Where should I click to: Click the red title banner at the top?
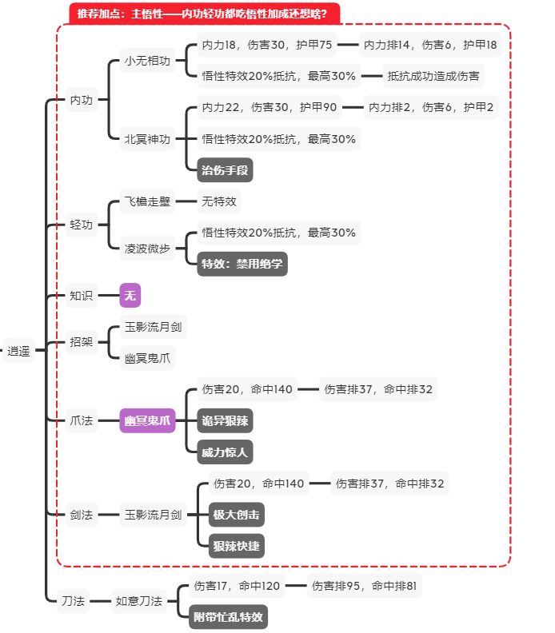coord(205,13)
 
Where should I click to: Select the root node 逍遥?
coord(20,350)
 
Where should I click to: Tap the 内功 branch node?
coord(82,100)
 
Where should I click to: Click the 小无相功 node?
coord(147,62)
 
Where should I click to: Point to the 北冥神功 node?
coord(147,138)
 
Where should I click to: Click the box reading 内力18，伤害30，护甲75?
coord(266,46)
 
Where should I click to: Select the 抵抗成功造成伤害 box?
coord(433,76)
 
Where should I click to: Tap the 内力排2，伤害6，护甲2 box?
coord(431,107)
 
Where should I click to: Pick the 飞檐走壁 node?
coord(147,201)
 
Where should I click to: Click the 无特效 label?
coord(219,201)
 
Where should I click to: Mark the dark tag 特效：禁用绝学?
coord(242,263)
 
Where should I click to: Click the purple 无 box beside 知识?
coord(130,295)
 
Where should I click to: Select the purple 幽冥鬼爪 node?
coord(147,420)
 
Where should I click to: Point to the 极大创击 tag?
coord(236,514)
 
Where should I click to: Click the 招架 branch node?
coord(82,342)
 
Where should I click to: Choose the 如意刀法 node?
coord(139,600)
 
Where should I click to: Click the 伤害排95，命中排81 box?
coord(364,587)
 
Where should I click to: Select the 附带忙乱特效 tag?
coord(230,617)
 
